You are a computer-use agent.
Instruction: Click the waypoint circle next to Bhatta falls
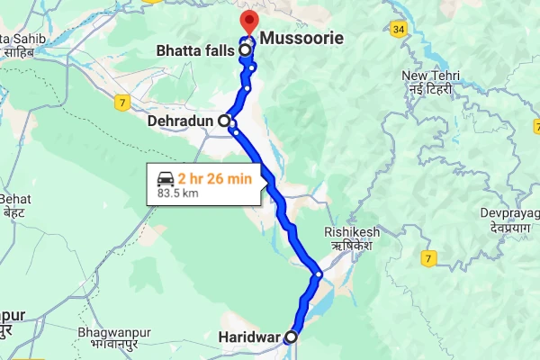pyautogui.click(x=245, y=51)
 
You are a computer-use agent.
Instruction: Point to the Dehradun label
pyautogui.click(x=185, y=118)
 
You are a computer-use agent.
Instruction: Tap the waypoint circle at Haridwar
pyautogui.click(x=290, y=337)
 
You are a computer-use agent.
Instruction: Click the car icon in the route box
pyautogui.click(x=166, y=177)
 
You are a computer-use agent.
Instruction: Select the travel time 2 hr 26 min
pyautogui.click(x=214, y=177)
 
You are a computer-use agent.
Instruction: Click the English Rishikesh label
pyautogui.click(x=352, y=232)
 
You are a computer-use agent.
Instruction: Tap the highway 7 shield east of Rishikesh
pyautogui.click(x=428, y=259)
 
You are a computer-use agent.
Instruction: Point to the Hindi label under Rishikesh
pyautogui.click(x=352, y=245)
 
